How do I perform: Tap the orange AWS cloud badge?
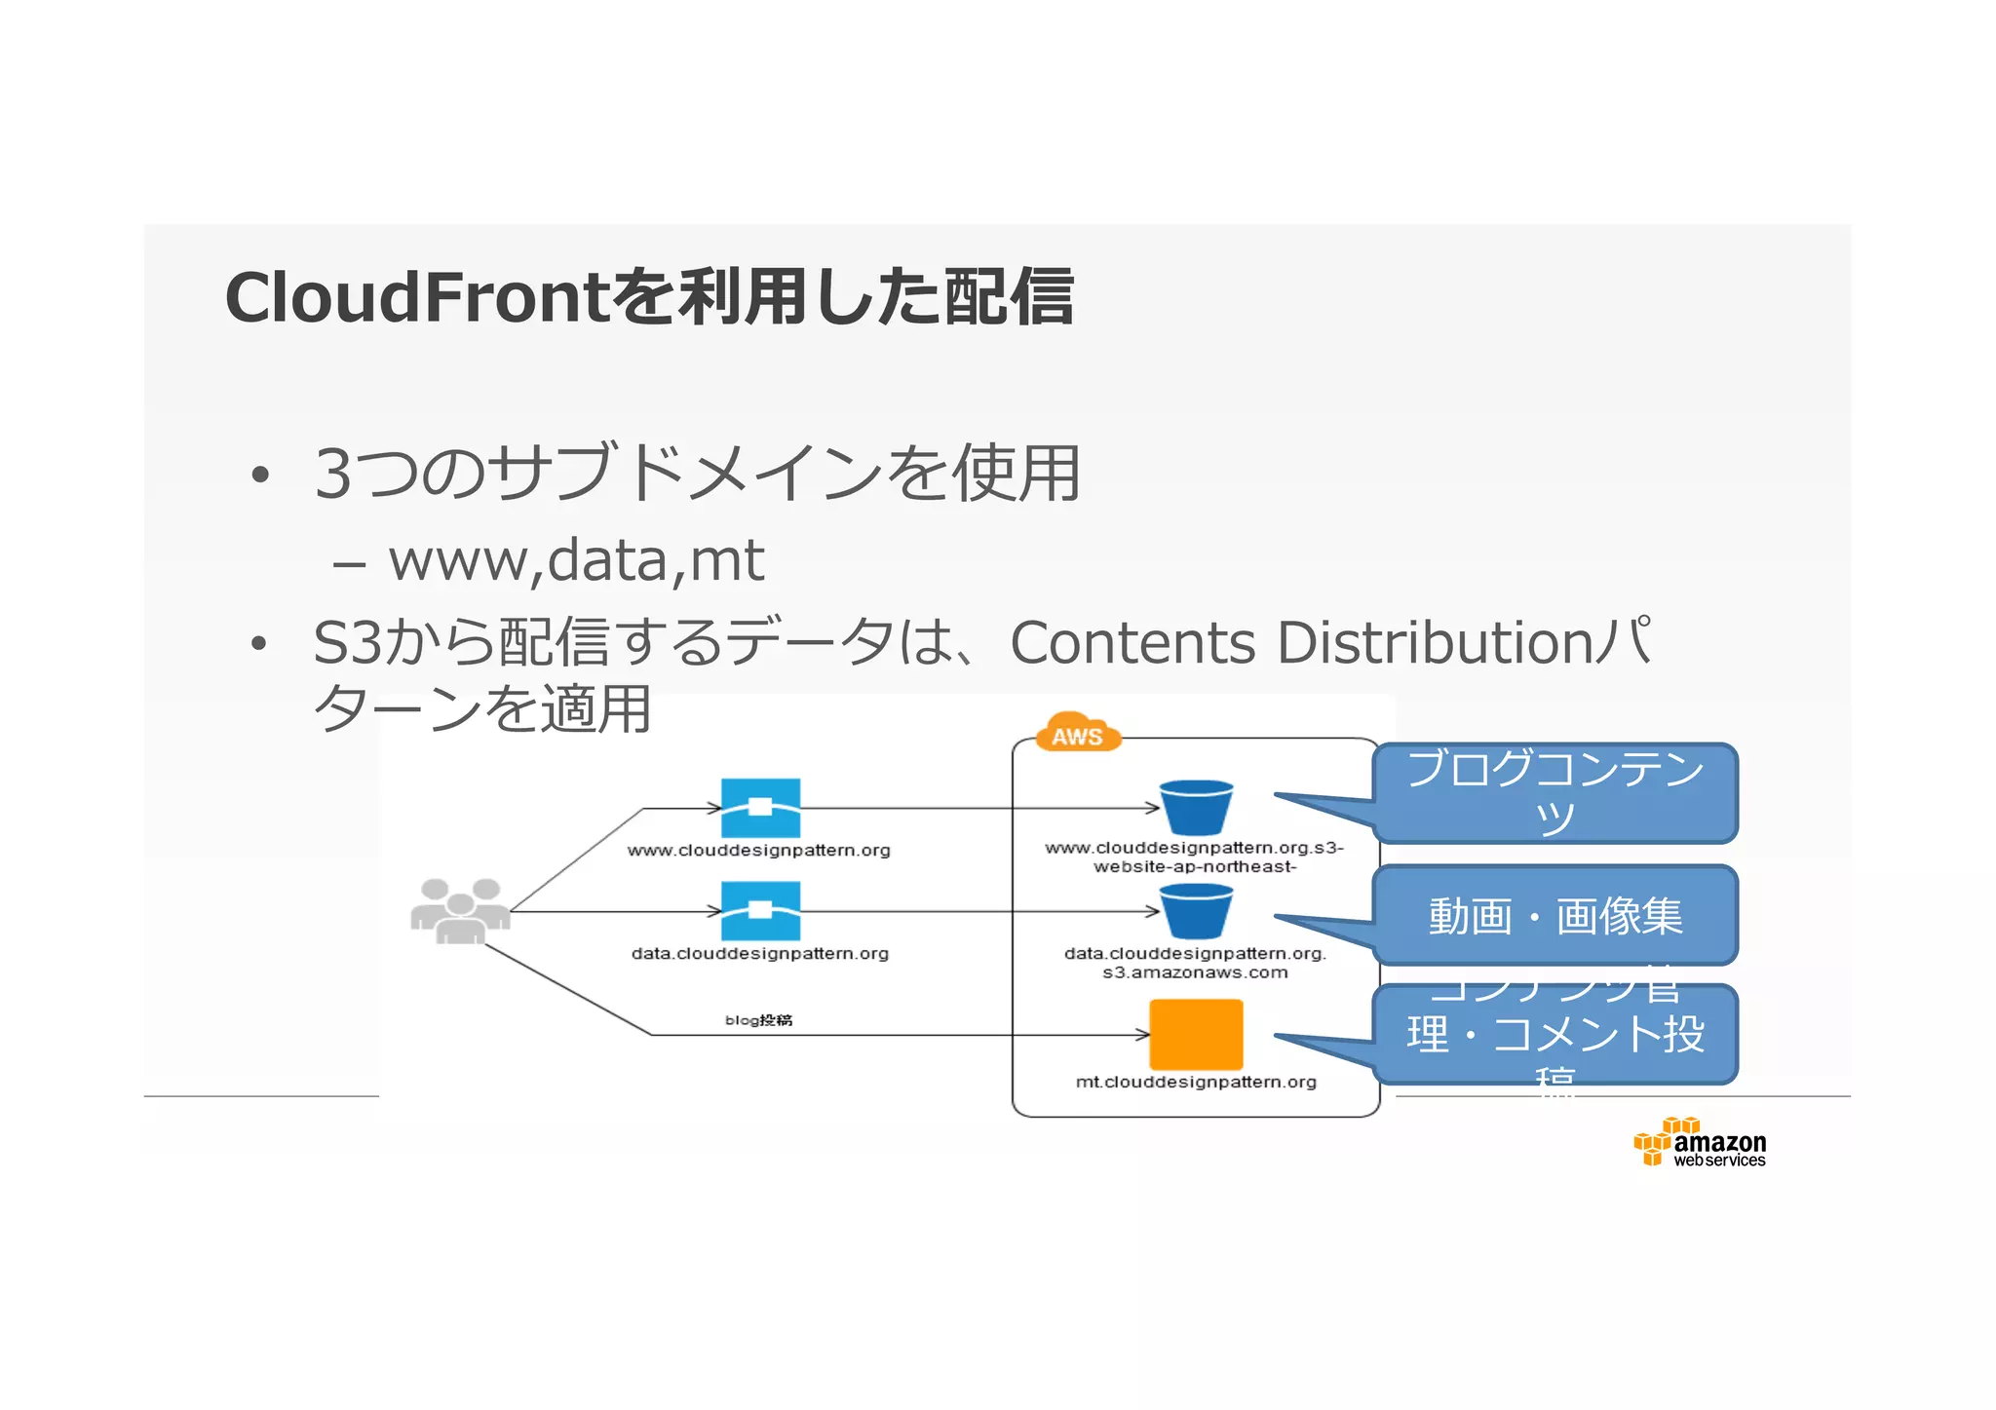pos(1077,734)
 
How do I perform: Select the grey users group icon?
pos(460,911)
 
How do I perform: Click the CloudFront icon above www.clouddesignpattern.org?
pos(760,808)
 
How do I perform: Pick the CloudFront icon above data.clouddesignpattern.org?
pos(760,911)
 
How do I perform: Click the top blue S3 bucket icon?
pos(1196,807)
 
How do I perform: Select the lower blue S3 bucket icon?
pos(1196,911)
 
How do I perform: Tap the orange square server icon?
pos(1196,1034)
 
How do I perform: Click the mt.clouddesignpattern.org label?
pos(1196,1082)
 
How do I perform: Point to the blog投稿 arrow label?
pos(758,1020)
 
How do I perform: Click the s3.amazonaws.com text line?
pos(1195,972)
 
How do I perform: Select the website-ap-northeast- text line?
pos(1195,866)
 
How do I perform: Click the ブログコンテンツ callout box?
pos(1555,793)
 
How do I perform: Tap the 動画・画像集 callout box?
pos(1555,915)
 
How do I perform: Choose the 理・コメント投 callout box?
pos(1555,1034)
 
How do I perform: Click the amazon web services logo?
pos(1701,1143)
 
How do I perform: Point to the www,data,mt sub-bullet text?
pos(575,560)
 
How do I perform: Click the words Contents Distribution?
pos(1301,643)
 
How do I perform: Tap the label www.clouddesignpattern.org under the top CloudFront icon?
pos(758,851)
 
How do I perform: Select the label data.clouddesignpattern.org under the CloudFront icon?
pos(759,954)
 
